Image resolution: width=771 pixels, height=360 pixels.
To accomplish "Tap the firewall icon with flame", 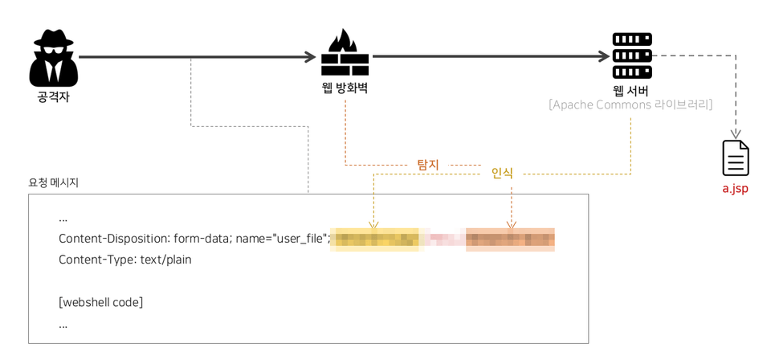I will (345, 53).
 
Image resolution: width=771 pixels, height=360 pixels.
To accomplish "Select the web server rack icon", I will (632, 55).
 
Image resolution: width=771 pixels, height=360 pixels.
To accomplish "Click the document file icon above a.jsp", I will (736, 158).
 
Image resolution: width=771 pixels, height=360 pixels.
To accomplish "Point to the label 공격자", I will (54, 96).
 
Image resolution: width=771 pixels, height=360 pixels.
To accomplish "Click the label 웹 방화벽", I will (345, 88).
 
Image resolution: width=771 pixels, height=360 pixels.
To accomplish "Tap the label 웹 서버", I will (630, 90).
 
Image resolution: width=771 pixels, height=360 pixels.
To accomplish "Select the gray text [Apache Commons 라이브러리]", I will (630, 105).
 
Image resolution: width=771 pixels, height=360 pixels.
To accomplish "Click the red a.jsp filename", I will (735, 189).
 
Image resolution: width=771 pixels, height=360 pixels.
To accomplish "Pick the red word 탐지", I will (428, 165).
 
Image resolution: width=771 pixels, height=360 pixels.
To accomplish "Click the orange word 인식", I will (502, 173).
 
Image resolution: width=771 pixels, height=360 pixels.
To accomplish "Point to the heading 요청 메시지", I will (54, 182).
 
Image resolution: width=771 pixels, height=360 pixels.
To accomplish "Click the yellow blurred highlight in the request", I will (375, 239).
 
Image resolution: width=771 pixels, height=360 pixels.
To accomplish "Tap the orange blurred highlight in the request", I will (510, 239).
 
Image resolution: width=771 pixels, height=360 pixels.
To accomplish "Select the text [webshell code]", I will (100, 302).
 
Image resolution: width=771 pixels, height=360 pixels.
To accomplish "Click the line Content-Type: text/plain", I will (124, 260).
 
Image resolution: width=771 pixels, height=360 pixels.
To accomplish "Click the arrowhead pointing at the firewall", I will (310, 57).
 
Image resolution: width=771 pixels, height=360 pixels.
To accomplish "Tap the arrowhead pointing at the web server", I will (604, 57).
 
